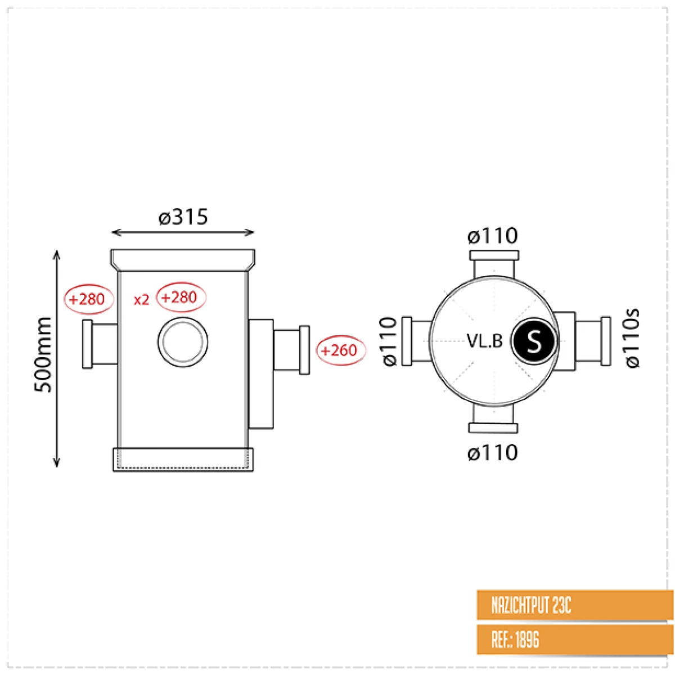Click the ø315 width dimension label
pyautogui.click(x=183, y=217)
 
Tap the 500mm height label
pyautogui.click(x=44, y=354)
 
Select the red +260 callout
pyautogui.click(x=340, y=350)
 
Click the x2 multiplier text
pyautogui.click(x=141, y=300)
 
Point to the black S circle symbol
pyautogui.click(x=533, y=341)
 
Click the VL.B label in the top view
pyautogui.click(x=484, y=341)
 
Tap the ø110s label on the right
pyautogui.click(x=632, y=338)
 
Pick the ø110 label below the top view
pyautogui.click(x=492, y=453)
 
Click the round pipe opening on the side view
pyautogui.click(x=182, y=342)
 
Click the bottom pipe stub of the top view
pyautogui.click(x=493, y=420)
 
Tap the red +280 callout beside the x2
pyautogui.click(x=181, y=297)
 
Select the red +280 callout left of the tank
pyautogui.click(x=88, y=299)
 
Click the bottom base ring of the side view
pyautogui.click(x=183, y=460)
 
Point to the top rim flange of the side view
pyautogui.click(x=183, y=259)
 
